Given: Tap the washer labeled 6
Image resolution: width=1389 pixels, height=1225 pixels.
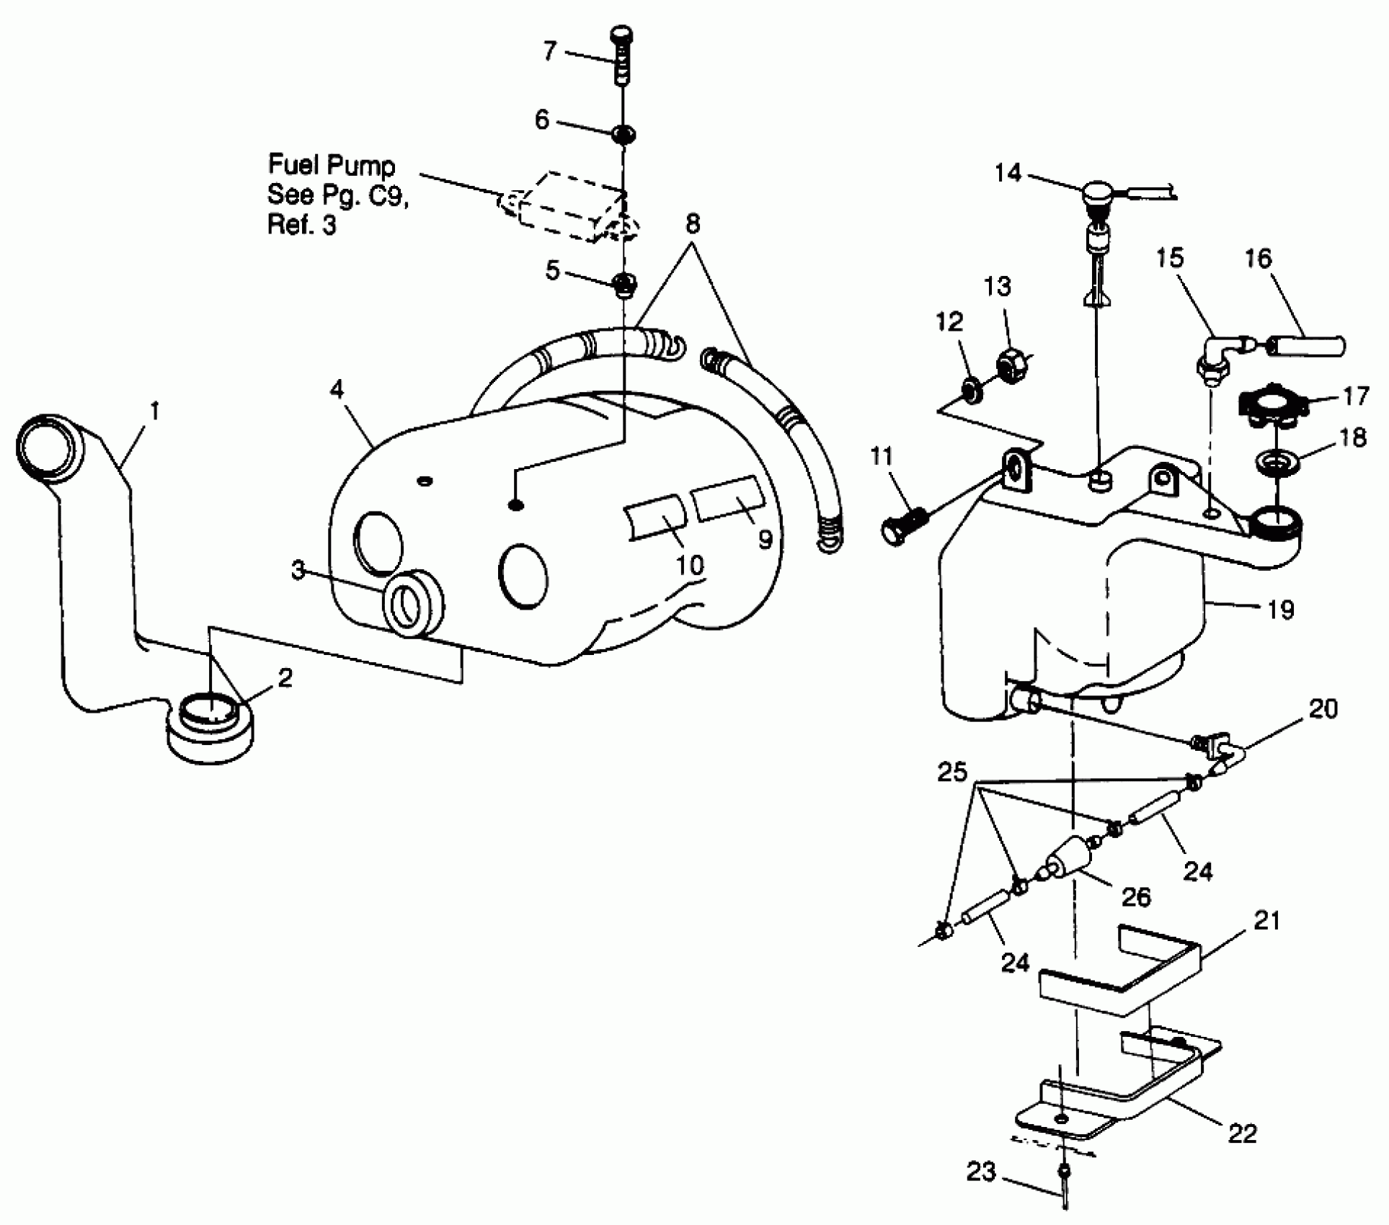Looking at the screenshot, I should pos(623,134).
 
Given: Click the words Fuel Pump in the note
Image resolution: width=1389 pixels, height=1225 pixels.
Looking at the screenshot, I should pos(332,166).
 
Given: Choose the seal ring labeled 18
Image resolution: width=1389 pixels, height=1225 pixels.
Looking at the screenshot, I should pos(1277,463).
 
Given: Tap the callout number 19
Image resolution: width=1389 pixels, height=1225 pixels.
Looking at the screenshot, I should pos(1280,610).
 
